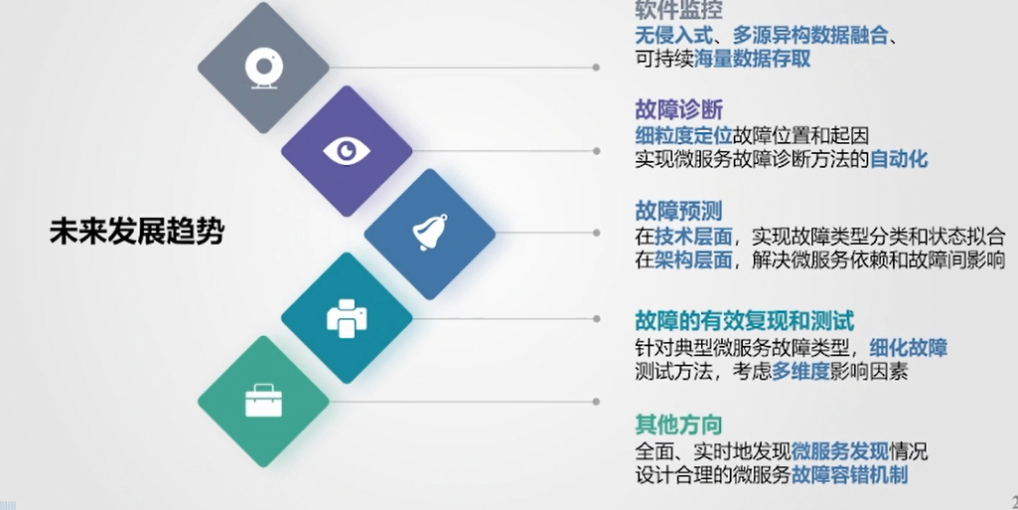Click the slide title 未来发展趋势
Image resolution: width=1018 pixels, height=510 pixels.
(x=137, y=232)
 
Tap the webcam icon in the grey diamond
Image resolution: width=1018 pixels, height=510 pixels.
(x=263, y=68)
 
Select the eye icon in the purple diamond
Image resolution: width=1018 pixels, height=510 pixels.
(x=347, y=151)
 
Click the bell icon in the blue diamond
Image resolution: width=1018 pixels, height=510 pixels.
(x=430, y=232)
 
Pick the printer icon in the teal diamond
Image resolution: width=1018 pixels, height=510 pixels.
(x=347, y=318)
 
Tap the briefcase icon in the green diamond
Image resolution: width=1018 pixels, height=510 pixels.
(x=263, y=401)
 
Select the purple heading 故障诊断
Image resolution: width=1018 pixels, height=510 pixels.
(x=678, y=109)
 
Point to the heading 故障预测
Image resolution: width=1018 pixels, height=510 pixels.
(x=678, y=211)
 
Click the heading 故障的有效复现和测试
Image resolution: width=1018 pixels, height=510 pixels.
(x=745, y=321)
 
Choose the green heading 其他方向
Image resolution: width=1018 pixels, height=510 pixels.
(x=678, y=425)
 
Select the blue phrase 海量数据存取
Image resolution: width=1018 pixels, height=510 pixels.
(x=753, y=59)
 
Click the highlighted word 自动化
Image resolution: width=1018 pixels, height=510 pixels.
(x=899, y=159)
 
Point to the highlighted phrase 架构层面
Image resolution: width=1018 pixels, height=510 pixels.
(x=693, y=259)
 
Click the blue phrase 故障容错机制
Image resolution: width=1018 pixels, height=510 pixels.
(x=849, y=475)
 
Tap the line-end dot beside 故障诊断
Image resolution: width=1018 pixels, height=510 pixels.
(x=596, y=151)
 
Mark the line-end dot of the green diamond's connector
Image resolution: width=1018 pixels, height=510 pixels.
(x=596, y=402)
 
